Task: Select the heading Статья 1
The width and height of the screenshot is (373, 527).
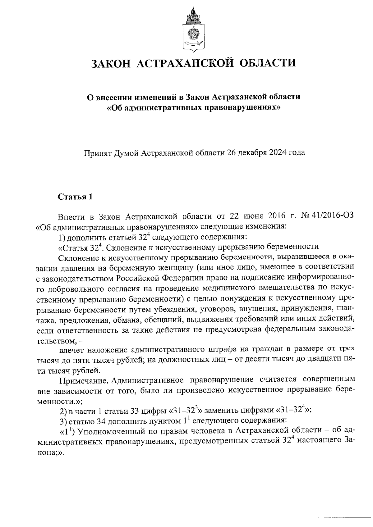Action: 75,197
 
